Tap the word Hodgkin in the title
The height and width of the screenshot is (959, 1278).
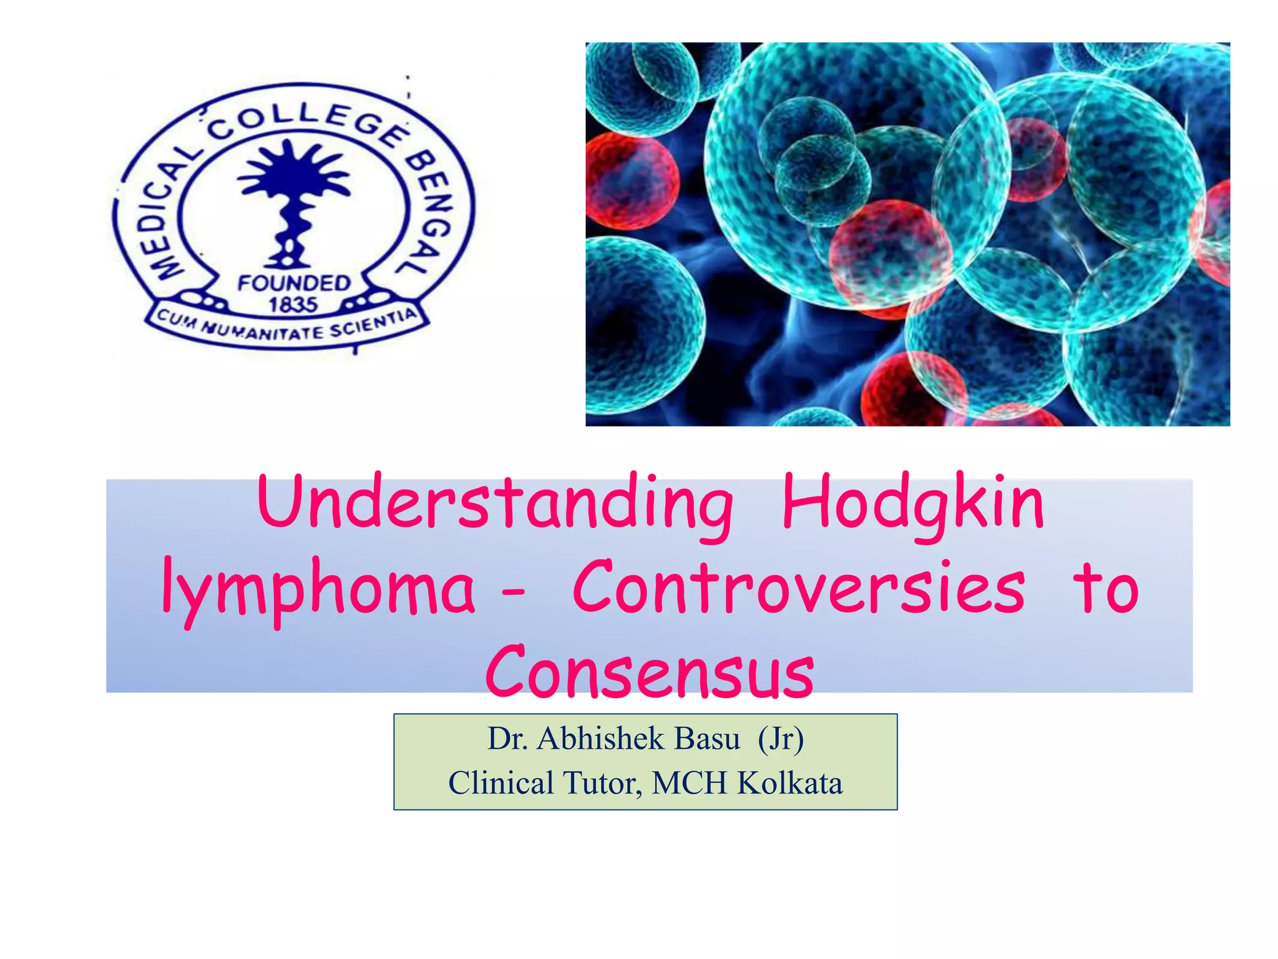pos(912,502)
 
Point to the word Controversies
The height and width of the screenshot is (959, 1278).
pos(798,588)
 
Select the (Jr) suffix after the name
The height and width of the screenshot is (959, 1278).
pos(781,739)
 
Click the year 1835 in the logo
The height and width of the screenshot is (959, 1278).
pos(293,305)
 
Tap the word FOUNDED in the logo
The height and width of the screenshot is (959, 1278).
pos(294,283)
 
